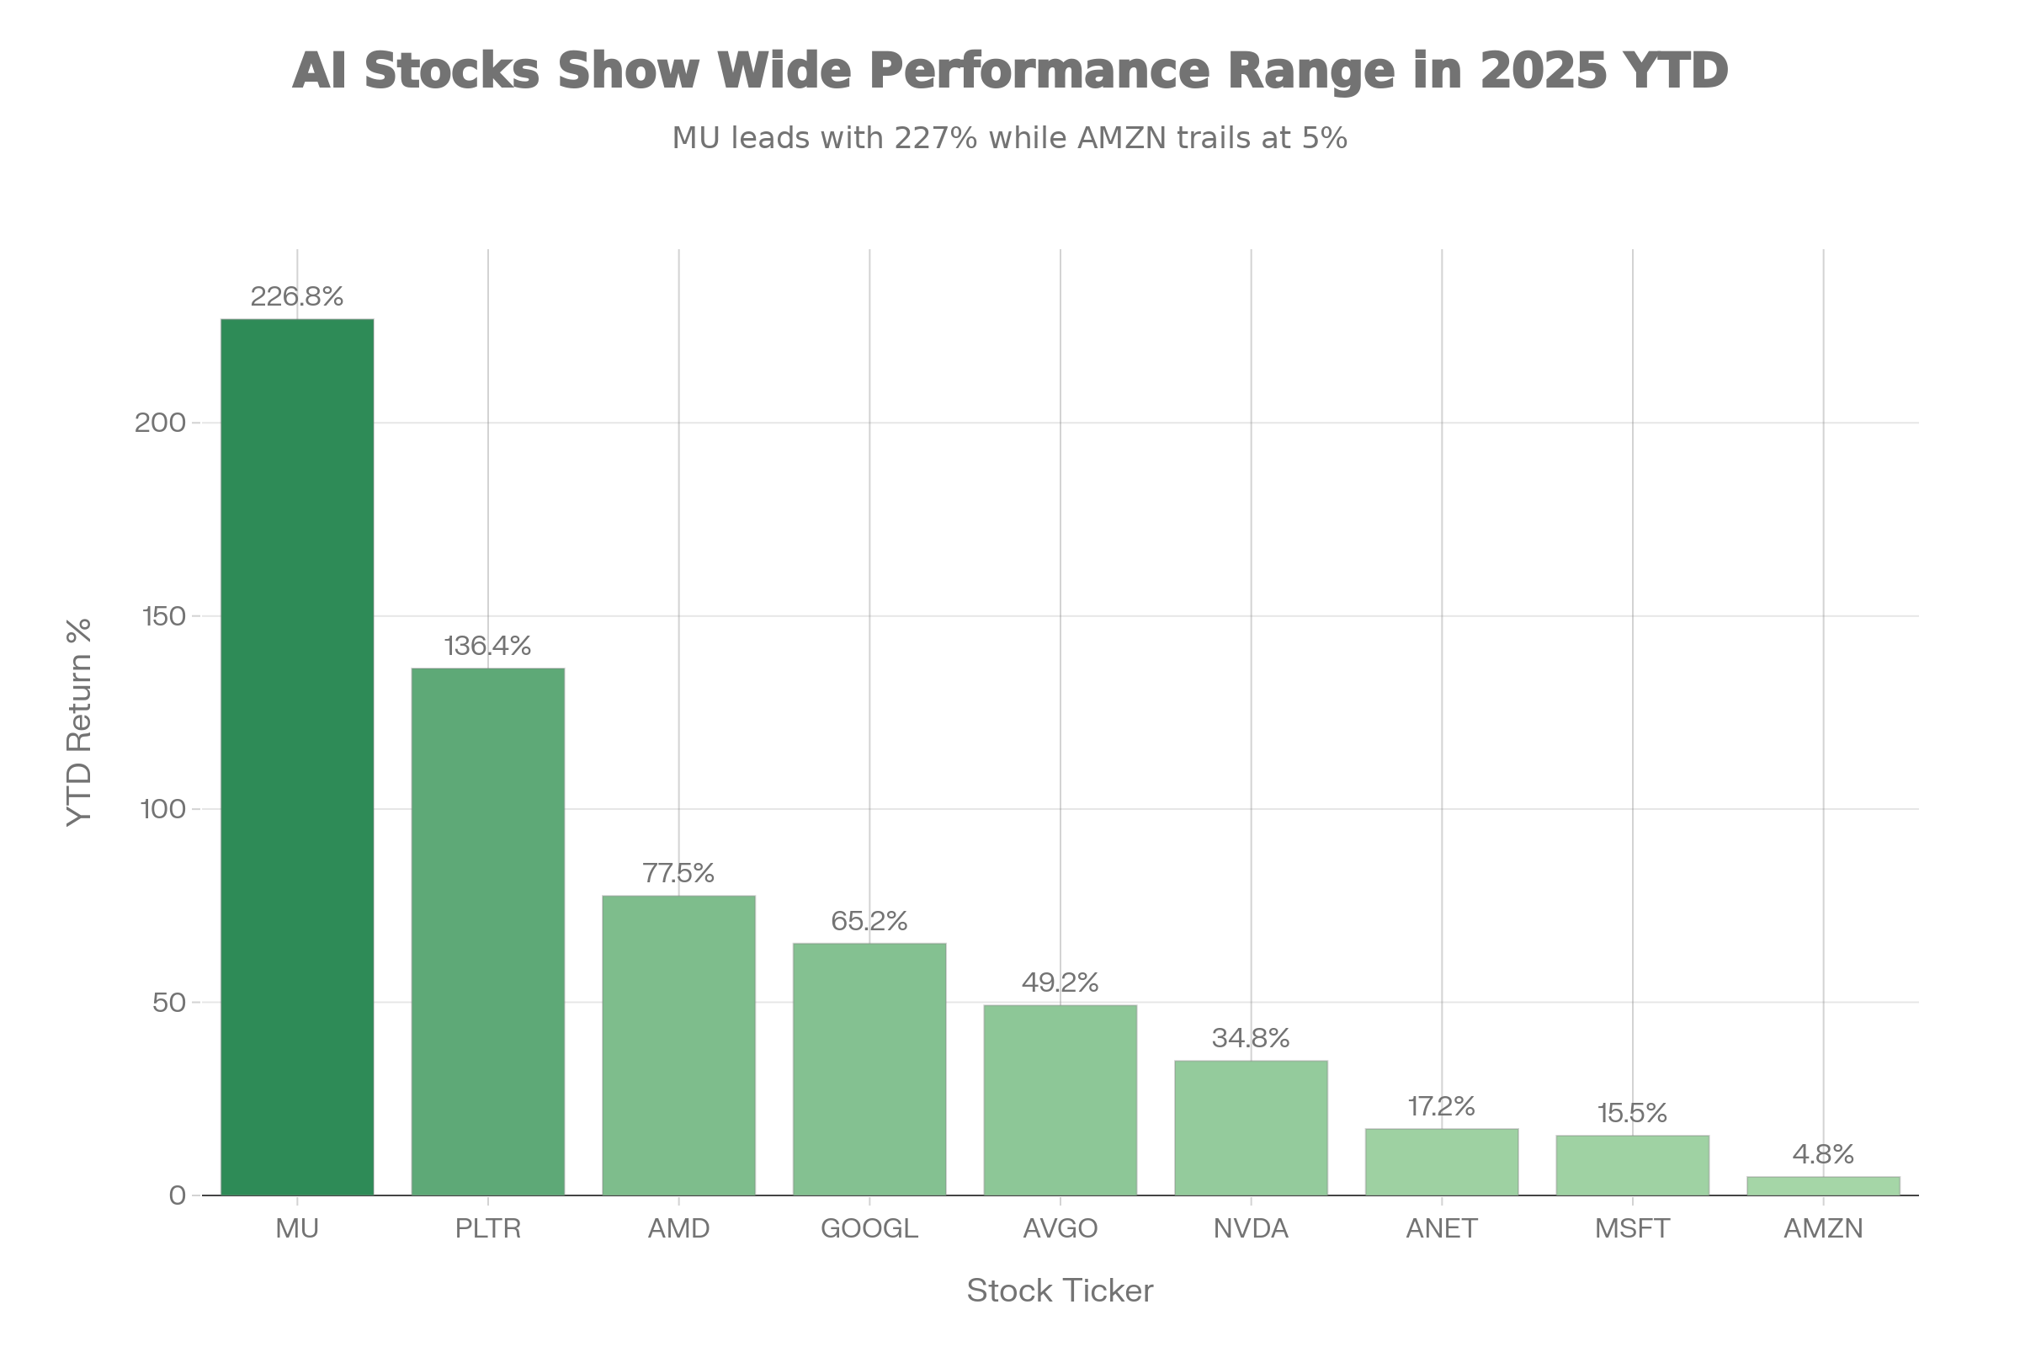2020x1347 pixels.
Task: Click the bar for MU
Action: coord(297,756)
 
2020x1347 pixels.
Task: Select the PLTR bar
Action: coord(488,931)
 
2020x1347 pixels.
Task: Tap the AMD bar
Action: coord(678,1046)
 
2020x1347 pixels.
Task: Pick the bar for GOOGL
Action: coord(869,1068)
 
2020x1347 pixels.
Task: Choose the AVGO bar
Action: coord(1060,1099)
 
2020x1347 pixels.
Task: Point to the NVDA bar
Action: coord(1251,1127)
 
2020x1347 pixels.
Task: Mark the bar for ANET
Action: coord(1441,1162)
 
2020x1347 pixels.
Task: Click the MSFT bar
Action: coord(1632,1165)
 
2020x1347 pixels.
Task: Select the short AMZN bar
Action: coord(1822,1185)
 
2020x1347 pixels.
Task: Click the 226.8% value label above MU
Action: coord(297,296)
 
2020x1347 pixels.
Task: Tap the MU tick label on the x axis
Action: coord(297,1228)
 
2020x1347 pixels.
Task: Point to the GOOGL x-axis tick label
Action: coord(869,1228)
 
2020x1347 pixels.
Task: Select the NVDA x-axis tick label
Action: coord(1251,1228)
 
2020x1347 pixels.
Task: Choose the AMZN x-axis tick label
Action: coord(1822,1228)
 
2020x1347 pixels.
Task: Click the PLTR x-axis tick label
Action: coord(488,1228)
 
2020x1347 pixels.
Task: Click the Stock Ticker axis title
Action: coord(1060,1291)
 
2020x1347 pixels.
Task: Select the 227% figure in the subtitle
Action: coord(935,137)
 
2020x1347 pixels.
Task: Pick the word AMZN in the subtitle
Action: coord(1122,137)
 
